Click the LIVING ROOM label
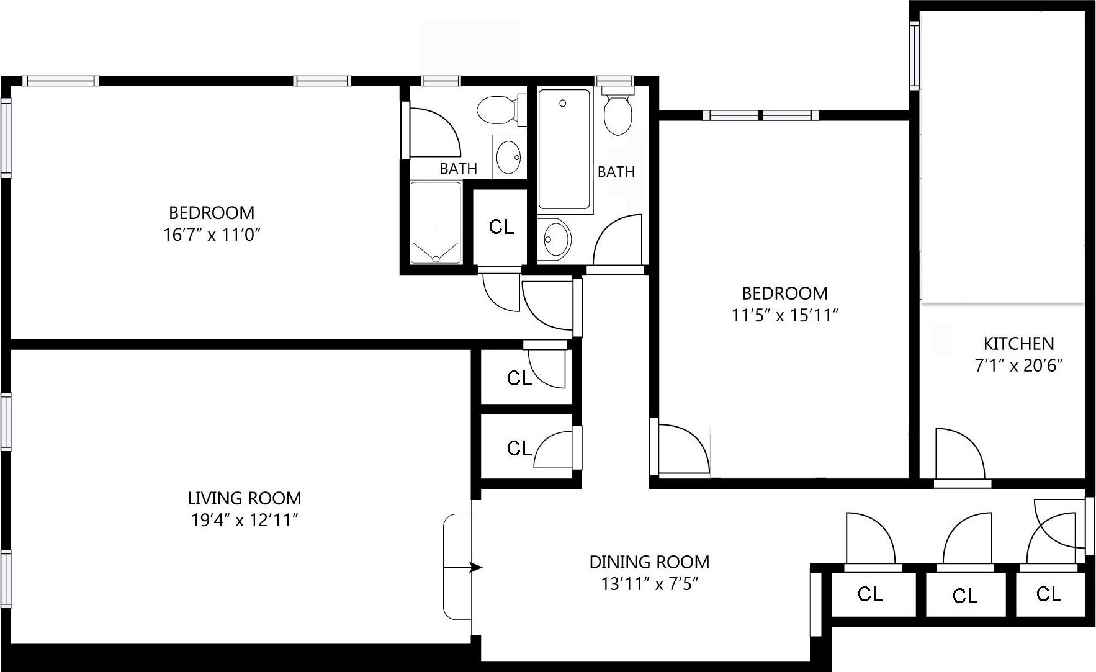click(x=244, y=498)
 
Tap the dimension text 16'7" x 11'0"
click(x=211, y=235)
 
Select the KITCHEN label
click(x=1018, y=344)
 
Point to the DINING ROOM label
click(x=649, y=562)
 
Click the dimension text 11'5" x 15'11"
click(x=785, y=316)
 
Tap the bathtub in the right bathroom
click(x=564, y=149)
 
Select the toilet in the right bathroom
click(x=618, y=114)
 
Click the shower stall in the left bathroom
click(x=436, y=222)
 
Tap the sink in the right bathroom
click(x=554, y=237)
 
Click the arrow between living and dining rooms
click(x=475, y=567)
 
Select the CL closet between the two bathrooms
click(x=501, y=228)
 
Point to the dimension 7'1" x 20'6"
click(x=1018, y=366)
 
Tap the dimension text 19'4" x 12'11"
click(x=245, y=521)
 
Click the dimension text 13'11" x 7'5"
click(x=649, y=585)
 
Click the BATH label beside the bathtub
click(x=616, y=172)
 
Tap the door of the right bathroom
click(x=617, y=242)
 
